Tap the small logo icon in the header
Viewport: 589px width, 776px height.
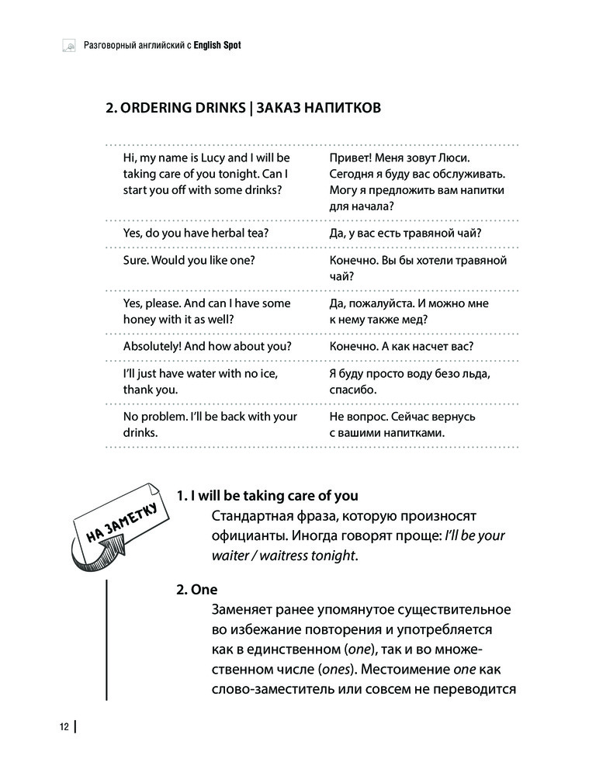click(69, 46)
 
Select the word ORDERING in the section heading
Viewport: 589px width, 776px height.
click(160, 108)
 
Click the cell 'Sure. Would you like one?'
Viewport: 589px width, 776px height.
click(185, 260)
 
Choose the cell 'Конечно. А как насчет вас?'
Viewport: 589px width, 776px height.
click(401, 347)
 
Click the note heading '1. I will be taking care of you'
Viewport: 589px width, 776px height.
click(267, 495)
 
